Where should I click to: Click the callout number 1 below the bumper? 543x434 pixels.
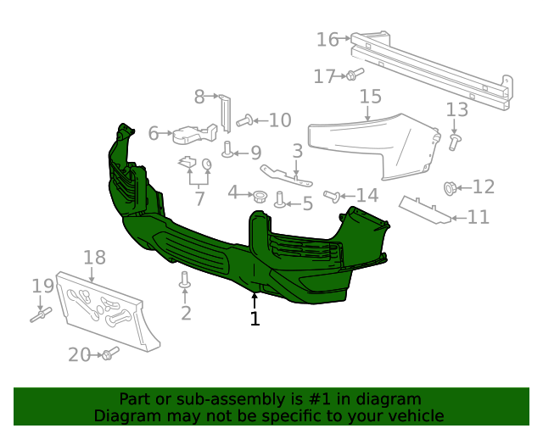point(255,319)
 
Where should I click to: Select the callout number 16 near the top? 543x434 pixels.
point(327,39)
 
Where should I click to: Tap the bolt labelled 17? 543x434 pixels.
point(352,75)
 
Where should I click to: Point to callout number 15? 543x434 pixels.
point(370,97)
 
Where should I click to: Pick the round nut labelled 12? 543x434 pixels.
point(451,186)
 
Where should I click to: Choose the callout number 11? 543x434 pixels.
point(479,217)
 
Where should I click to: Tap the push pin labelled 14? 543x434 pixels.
point(333,197)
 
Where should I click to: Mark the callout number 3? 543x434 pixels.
point(298,151)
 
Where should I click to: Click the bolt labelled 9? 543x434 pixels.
point(228,151)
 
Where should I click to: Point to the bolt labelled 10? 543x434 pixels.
point(244,120)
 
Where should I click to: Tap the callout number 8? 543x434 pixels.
point(200,97)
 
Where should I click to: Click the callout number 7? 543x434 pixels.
point(199,199)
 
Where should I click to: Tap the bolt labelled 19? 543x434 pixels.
point(41,316)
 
